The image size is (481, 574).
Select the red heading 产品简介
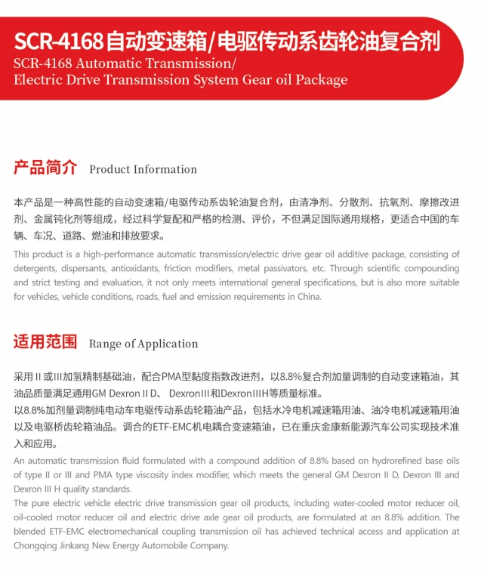coord(45,168)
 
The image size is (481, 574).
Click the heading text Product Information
coord(143,169)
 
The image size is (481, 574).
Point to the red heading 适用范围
coord(45,342)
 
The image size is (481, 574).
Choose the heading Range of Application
coord(143,344)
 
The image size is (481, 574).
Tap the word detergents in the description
coord(37,268)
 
